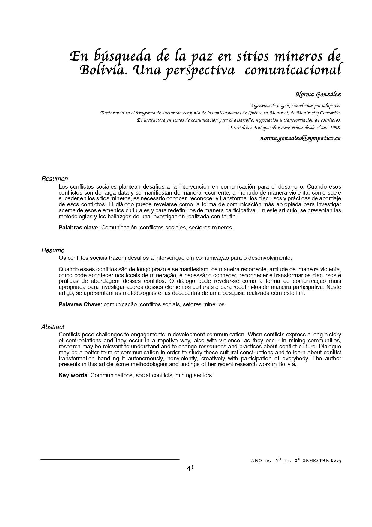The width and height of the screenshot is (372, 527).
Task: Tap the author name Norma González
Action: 318,95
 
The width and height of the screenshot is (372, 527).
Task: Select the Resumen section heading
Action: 55,179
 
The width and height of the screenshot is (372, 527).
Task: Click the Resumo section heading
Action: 53,250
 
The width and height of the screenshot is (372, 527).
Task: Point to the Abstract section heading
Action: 53,327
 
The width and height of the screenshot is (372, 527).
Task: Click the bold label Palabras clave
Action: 78,227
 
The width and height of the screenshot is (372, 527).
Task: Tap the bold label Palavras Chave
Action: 79,304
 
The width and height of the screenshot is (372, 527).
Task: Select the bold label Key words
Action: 73,375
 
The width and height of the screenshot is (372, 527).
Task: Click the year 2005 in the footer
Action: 335,461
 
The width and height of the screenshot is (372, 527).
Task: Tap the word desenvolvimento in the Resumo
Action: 269,258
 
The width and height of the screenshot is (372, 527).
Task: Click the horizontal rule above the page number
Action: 110,459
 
